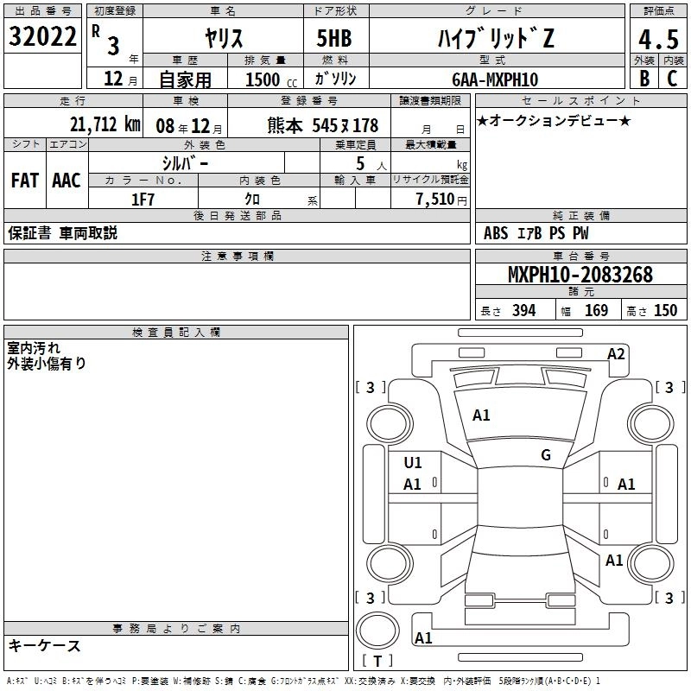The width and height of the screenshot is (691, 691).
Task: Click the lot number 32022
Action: (42, 36)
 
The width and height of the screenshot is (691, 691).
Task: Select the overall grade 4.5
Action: (658, 40)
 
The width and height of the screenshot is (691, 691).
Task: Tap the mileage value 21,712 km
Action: (105, 124)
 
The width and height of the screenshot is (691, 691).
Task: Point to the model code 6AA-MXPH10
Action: (495, 79)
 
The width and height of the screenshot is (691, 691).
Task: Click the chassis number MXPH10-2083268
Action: (580, 274)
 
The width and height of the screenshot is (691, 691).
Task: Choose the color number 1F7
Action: (143, 200)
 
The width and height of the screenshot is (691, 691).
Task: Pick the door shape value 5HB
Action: (334, 38)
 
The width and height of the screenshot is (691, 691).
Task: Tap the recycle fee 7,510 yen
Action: (441, 200)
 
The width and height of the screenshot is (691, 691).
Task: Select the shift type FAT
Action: (25, 181)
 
